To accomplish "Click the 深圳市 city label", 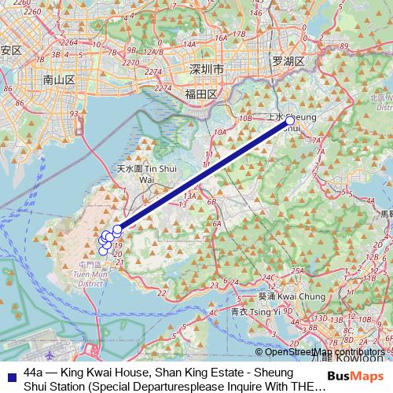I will pyautogui.click(x=207, y=70).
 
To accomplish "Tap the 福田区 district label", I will pyautogui.click(x=200, y=94).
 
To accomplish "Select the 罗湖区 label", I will pyautogui.click(x=288, y=61).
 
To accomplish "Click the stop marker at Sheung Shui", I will pyautogui.click(x=290, y=121).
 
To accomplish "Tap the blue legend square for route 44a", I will pyautogui.click(x=10, y=372).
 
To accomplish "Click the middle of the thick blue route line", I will pyautogui.click(x=204, y=175).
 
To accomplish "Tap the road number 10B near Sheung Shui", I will pyautogui.click(x=246, y=118).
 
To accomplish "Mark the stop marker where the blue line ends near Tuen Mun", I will pyautogui.click(x=118, y=230).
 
